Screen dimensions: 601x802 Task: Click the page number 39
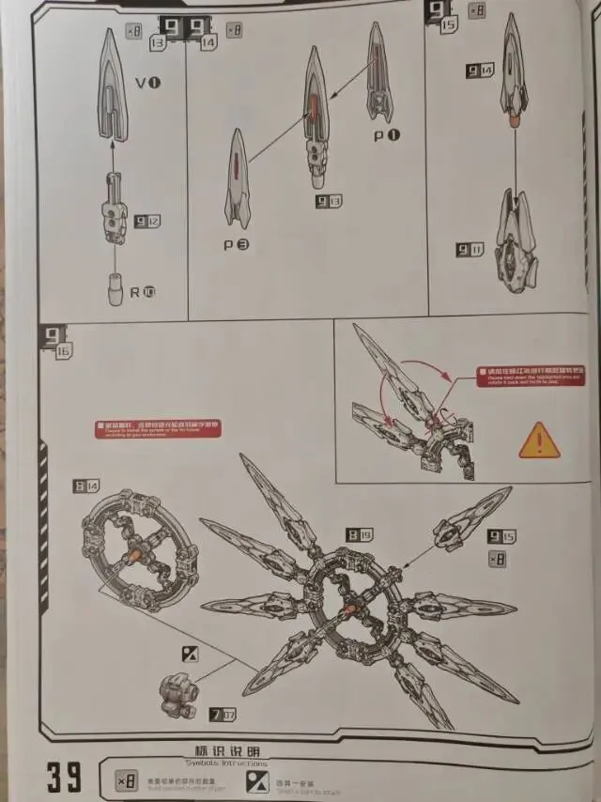coord(63,777)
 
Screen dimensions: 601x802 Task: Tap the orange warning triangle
coord(539,440)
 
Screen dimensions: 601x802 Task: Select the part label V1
coord(147,84)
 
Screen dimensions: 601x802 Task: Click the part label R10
coord(143,292)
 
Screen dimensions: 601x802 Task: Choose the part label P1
coord(387,135)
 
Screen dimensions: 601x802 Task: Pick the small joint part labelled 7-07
coord(178,696)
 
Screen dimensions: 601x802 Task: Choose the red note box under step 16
coord(158,428)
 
